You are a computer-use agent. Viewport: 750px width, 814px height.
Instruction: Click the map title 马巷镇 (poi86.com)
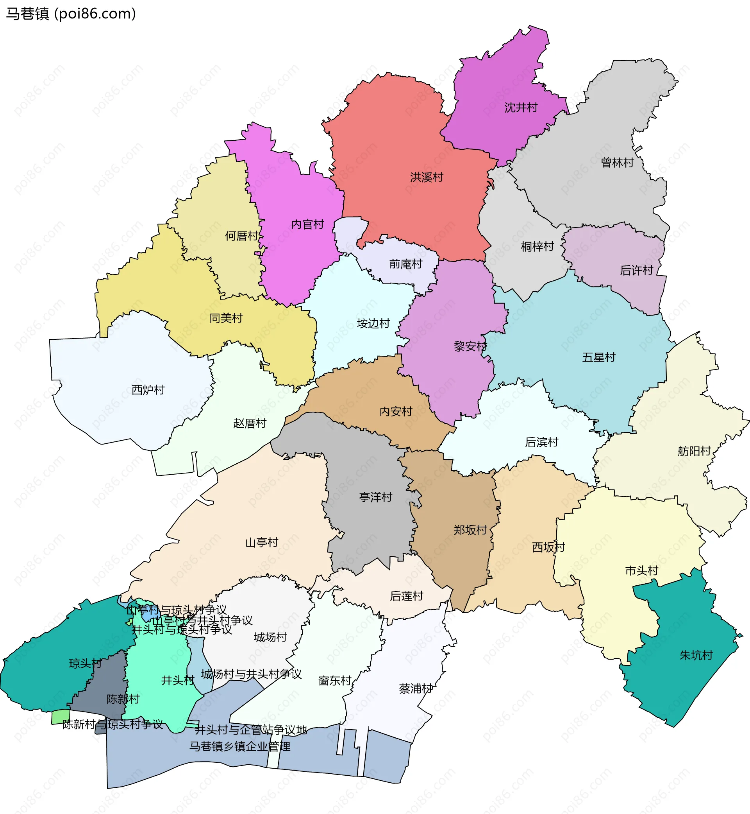[x=71, y=14]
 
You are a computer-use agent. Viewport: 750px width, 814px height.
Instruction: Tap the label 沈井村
[x=521, y=108]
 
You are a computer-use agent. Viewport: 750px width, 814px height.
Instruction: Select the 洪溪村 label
[x=427, y=178]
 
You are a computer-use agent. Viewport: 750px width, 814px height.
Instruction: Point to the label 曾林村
[x=617, y=163]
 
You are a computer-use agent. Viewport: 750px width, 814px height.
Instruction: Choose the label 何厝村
[x=242, y=236]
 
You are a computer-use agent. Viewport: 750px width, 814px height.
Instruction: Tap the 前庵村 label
[x=406, y=264]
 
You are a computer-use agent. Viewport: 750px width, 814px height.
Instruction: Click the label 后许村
[x=636, y=271]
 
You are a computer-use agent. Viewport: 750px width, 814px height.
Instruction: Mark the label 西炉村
[x=148, y=390]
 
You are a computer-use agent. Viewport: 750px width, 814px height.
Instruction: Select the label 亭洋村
[x=375, y=497]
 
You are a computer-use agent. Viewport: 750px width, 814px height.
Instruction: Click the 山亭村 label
[x=262, y=543]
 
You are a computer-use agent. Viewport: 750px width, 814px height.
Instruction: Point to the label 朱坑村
[x=696, y=655]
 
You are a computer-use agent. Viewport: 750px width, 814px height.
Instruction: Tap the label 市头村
[x=642, y=571]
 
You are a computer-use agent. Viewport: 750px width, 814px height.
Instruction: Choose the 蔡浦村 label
[x=416, y=688]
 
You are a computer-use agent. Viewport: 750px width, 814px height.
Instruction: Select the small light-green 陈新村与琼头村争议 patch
[x=61, y=717]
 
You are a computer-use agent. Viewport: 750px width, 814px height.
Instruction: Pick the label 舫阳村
[x=694, y=451]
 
